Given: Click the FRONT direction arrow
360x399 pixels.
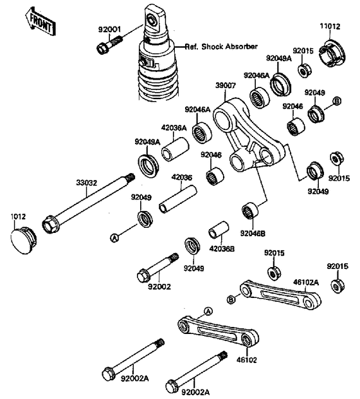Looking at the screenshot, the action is tap(40, 21).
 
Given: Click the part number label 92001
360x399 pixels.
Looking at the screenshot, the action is tap(109, 30).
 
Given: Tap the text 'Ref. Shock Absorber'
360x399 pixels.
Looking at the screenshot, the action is tap(221, 46).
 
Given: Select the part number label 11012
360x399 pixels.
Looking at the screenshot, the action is tap(330, 26).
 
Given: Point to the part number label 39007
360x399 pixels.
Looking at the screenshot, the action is tap(226, 86).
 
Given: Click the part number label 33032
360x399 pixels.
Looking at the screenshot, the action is tap(86, 183).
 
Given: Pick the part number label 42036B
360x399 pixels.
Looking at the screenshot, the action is tap(222, 248).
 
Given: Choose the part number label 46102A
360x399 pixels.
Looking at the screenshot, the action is tap(306, 283).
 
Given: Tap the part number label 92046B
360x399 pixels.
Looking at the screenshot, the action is tap(253, 233).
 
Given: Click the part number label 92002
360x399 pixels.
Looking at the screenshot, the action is tap(159, 286).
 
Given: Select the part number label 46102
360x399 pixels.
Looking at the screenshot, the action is tap(247, 360).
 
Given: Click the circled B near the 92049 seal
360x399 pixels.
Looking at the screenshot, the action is tap(337, 101).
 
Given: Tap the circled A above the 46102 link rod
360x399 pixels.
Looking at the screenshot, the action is tap(208, 311).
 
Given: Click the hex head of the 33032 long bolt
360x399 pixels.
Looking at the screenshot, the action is tap(50, 224).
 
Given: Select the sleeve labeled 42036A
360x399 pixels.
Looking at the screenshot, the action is tap(175, 149).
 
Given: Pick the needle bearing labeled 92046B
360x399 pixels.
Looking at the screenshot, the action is tap(249, 210).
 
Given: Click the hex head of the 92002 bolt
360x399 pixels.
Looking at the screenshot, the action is tap(143, 275).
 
